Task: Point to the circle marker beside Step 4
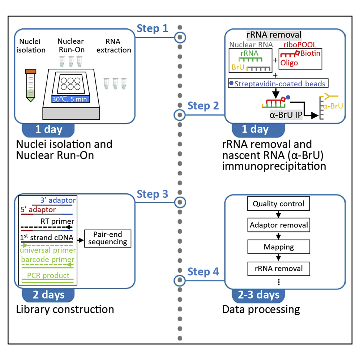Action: click(180, 280)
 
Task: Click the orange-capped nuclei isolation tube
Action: click(30, 85)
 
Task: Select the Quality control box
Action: click(279, 204)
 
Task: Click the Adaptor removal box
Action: click(279, 225)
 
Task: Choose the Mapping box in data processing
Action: click(279, 247)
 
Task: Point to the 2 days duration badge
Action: click(48, 295)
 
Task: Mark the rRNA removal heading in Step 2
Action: click(274, 35)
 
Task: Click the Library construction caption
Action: click(65, 309)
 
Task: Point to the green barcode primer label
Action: click(48, 259)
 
